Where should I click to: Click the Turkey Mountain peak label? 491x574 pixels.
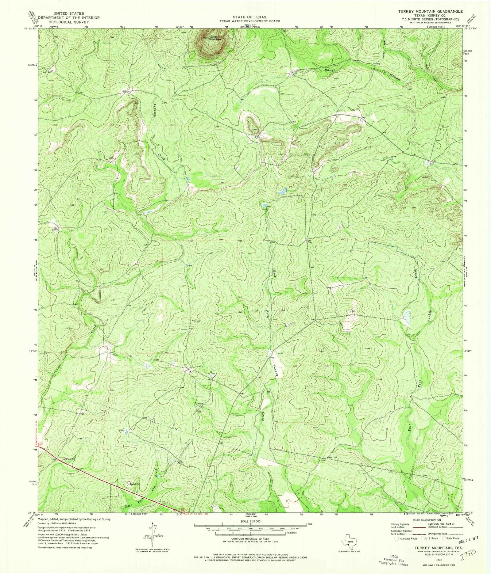pyautogui.click(x=215, y=38)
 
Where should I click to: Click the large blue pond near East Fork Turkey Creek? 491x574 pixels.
pyautogui.click(x=407, y=317)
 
